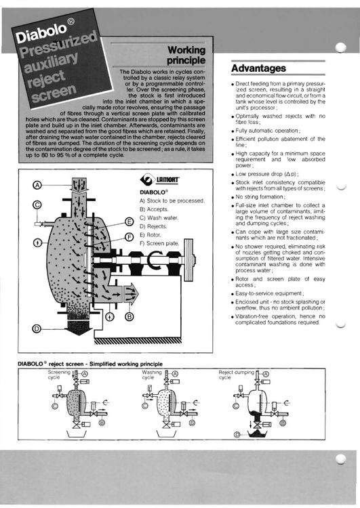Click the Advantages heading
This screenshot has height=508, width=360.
tap(258, 68)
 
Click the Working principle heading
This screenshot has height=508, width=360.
tap(186, 55)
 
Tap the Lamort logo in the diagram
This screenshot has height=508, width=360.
tap(160, 179)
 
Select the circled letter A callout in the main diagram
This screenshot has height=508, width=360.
tap(37, 186)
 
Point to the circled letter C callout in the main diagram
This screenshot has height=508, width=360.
tap(37, 205)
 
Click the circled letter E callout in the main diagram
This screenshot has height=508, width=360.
tap(129, 222)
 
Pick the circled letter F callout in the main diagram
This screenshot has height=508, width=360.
tap(129, 237)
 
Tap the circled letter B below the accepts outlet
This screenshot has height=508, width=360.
tap(129, 316)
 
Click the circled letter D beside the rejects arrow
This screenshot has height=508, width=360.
tap(37, 329)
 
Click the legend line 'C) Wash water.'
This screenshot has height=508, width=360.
tap(159, 217)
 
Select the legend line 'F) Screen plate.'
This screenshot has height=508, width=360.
tap(159, 243)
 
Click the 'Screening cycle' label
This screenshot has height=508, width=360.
tap(59, 375)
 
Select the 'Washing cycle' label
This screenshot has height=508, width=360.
tap(151, 375)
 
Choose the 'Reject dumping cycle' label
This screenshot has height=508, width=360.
tap(237, 375)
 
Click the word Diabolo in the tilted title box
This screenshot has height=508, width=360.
tap(41, 33)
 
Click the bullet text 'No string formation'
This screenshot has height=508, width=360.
tap(260, 197)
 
